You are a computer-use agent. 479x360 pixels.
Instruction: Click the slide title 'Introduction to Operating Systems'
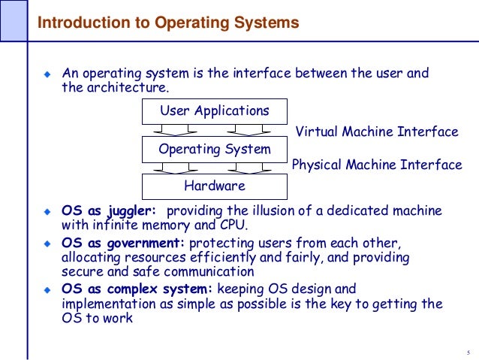pyautogui.click(x=168, y=23)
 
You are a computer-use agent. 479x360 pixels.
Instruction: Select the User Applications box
pyautogui.click(x=214, y=112)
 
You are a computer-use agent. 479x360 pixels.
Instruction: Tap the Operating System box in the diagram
pyautogui.click(x=214, y=149)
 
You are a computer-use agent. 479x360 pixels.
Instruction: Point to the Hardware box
pyautogui.click(x=214, y=186)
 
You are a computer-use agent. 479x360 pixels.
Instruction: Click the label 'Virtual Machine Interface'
pyautogui.click(x=377, y=132)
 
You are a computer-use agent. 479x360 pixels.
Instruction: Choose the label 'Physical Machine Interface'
pyautogui.click(x=377, y=165)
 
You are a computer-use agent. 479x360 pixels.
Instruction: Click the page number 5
pyautogui.click(x=467, y=353)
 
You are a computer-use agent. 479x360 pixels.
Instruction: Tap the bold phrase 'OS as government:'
pyautogui.click(x=123, y=244)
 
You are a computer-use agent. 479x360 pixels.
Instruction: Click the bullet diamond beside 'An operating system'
pyautogui.click(x=47, y=75)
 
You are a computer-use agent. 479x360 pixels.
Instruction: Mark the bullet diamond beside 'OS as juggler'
pyautogui.click(x=47, y=212)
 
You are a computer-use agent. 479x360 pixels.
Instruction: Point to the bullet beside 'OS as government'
pyautogui.click(x=47, y=244)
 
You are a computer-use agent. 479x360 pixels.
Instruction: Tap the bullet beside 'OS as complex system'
pyautogui.click(x=47, y=289)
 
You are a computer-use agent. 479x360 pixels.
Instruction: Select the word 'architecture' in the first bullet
pyautogui.click(x=120, y=89)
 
